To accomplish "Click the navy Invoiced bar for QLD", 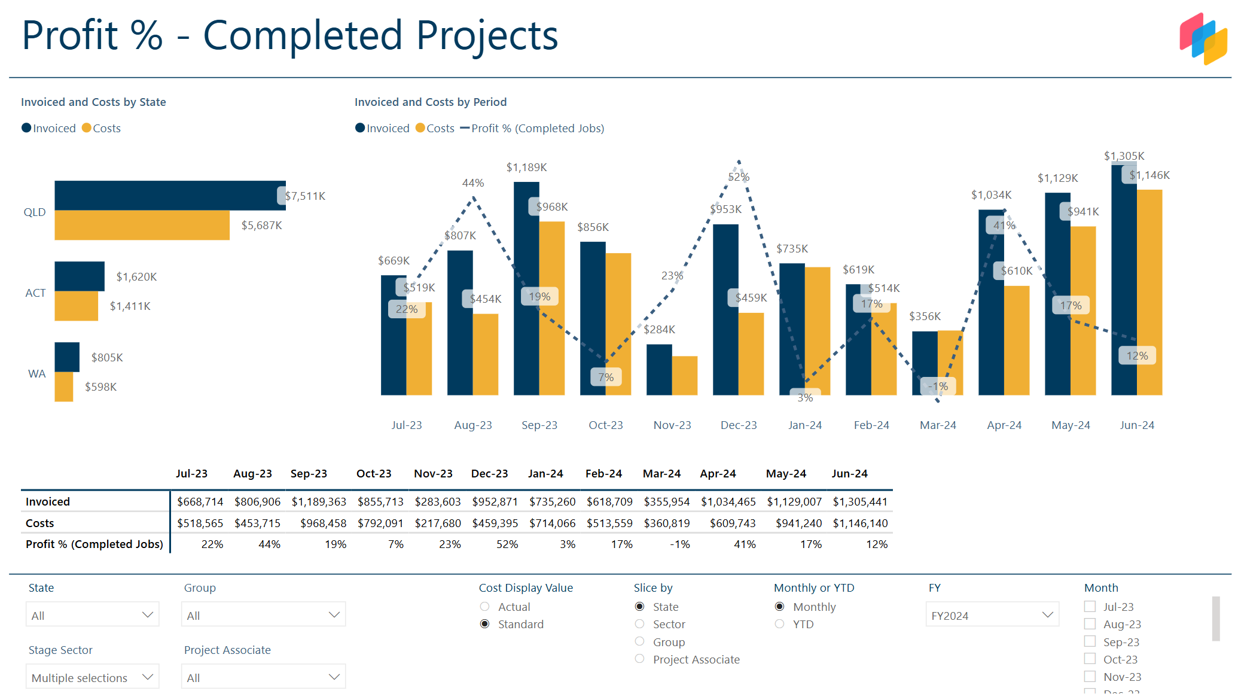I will click(167, 195).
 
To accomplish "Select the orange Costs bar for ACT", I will click(76, 306).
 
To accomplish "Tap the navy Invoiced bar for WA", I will click(66, 357).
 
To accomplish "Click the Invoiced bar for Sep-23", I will click(526, 287).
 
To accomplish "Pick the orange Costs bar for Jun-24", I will click(1149, 293).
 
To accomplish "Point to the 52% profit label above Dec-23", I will click(739, 177).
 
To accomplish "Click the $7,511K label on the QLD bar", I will click(305, 196).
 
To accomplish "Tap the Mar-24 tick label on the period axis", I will click(938, 425).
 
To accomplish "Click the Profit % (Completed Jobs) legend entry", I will click(536, 128).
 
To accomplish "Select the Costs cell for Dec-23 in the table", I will click(495, 523).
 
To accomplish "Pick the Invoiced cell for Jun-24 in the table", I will click(860, 501).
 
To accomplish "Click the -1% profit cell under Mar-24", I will click(679, 544).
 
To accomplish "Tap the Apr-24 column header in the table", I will click(718, 474).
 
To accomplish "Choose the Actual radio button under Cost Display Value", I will click(485, 607).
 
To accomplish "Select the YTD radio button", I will click(779, 624).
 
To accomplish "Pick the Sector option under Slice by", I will click(640, 624).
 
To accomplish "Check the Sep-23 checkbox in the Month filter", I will click(1090, 641).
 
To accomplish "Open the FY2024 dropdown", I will click(992, 615).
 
